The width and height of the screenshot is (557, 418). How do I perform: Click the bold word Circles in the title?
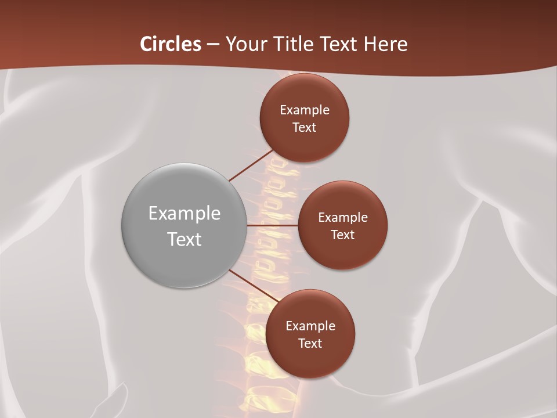pos(171,44)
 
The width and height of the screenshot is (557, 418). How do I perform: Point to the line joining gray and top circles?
pos(251,165)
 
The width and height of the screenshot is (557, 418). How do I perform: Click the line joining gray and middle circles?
pos(272,225)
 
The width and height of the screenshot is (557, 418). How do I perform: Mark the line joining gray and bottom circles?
pos(253,288)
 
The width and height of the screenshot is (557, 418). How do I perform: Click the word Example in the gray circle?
pos(185,214)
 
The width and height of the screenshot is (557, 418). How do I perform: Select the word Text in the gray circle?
pos(185,239)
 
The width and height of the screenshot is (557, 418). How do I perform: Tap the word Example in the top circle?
pos(305,110)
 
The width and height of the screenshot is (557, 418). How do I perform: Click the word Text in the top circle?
pos(305,128)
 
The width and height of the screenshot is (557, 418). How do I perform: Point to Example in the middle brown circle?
pos(343,218)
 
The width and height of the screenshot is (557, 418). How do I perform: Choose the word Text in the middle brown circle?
pos(343,235)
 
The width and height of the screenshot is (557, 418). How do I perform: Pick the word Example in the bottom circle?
pos(310,326)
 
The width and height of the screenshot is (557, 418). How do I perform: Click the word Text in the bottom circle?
pos(310,344)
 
